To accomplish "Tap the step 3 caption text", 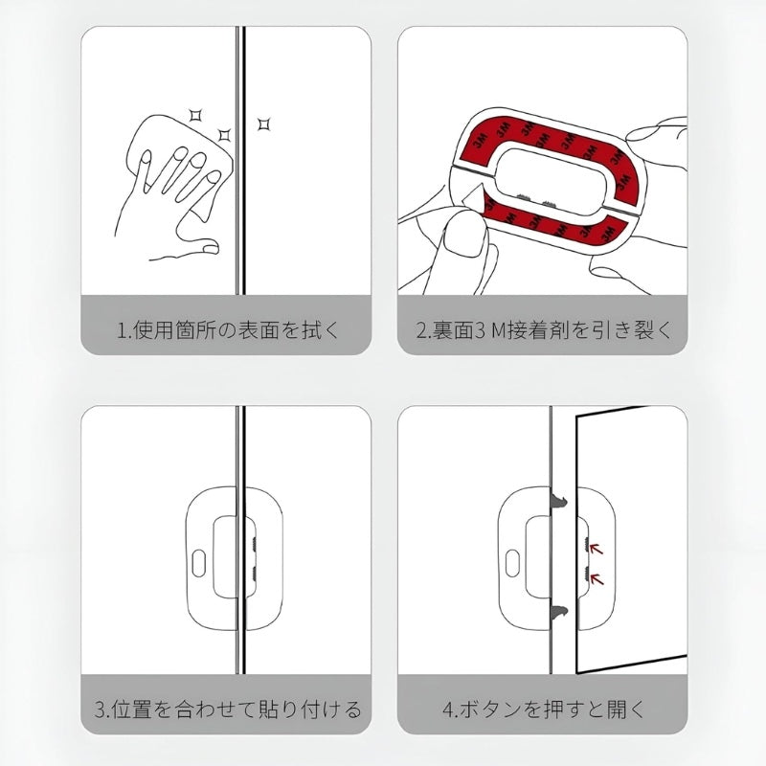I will pyautogui.click(x=227, y=710).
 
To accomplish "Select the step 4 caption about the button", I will pyautogui.click(x=544, y=710).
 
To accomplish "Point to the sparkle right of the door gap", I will pyautogui.click(x=263, y=124).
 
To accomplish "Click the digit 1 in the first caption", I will pyautogui.click(x=122, y=331).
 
